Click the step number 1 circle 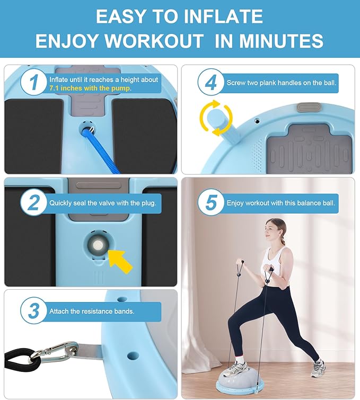click(34, 82)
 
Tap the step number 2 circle click(34, 203)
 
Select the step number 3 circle click(34, 310)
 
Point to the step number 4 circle click(211, 82)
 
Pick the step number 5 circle click(211, 203)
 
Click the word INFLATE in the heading click(223, 16)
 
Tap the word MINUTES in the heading click(281, 41)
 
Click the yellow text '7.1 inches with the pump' click(90, 88)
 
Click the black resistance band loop click(21, 360)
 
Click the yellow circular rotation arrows click(216, 118)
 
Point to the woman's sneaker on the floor click(318, 368)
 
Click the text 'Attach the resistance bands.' click(92, 311)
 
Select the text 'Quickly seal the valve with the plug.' click(103, 203)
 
